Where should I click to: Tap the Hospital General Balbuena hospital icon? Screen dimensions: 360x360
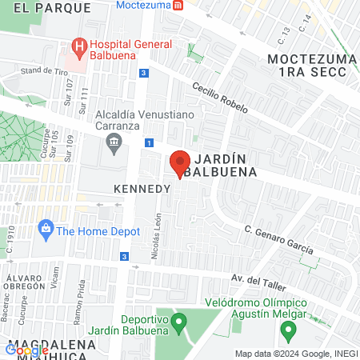(x=79, y=46)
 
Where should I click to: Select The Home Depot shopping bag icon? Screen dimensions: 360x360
(x=46, y=230)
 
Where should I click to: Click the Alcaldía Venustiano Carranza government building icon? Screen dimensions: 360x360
(x=113, y=145)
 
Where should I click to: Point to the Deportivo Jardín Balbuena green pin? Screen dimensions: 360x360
(x=178, y=323)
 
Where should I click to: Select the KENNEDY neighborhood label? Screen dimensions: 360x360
(x=142, y=190)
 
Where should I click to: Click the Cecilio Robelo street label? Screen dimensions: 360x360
(x=225, y=99)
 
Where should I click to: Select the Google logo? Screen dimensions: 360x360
(x=27, y=349)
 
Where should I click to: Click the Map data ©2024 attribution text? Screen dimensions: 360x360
(x=295, y=354)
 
